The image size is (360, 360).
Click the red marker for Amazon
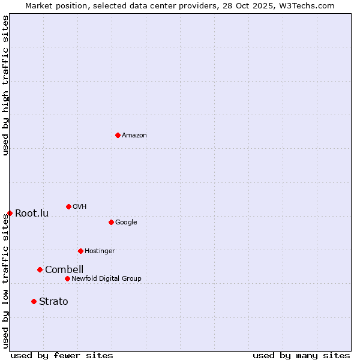coord(118,135)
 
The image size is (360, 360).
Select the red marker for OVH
coord(68,206)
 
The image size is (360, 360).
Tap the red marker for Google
coord(111,222)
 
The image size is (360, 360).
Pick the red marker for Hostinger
coord(80,251)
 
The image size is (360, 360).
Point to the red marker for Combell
coord(40,269)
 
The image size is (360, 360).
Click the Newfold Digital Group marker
coord(67,278)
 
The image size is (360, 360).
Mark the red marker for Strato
coord(34,301)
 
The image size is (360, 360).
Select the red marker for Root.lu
coord(10,213)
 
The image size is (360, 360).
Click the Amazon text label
coord(134,136)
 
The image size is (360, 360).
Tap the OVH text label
coord(80,207)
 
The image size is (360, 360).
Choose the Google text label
coord(126,223)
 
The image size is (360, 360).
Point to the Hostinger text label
coord(100,251)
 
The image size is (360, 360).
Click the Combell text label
coord(64,270)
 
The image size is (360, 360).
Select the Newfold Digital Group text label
coord(106,279)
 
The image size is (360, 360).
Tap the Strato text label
coord(53,302)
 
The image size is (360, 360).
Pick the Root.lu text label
coord(32,214)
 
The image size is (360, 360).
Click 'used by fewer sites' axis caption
coord(62,355)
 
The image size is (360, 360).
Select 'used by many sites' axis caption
coord(301,355)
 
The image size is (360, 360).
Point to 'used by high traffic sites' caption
coord(5,85)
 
